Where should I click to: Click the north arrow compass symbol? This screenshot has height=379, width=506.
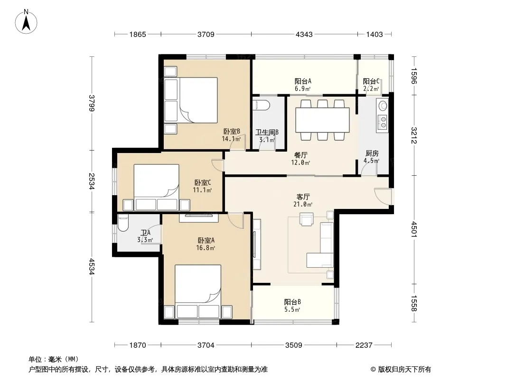pyautogui.click(x=26, y=21)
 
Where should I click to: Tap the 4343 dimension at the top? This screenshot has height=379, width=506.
pyautogui.click(x=304, y=34)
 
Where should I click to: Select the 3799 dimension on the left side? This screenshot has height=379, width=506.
pyautogui.click(x=92, y=103)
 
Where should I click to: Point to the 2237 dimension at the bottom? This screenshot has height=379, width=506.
pyautogui.click(x=364, y=345)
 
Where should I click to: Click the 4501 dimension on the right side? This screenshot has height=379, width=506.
pyautogui.click(x=414, y=230)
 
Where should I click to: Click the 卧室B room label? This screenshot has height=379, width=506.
pyautogui.click(x=232, y=131)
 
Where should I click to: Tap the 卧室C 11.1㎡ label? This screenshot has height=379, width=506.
pyautogui.click(x=202, y=186)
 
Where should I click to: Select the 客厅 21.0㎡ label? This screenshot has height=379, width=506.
pyautogui.click(x=303, y=200)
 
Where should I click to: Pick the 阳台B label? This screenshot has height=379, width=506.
pyautogui.click(x=292, y=302)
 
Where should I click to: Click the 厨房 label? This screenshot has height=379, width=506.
pyautogui.click(x=372, y=153)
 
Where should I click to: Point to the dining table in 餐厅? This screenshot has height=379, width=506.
pyautogui.click(x=322, y=120)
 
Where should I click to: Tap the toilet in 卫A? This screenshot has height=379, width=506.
pyautogui.click(x=123, y=223)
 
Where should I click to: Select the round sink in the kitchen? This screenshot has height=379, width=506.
pyautogui.click(x=383, y=105)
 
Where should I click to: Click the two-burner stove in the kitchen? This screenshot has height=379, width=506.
pyautogui.click(x=383, y=122)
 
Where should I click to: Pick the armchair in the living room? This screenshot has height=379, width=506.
pyautogui.click(x=306, y=220)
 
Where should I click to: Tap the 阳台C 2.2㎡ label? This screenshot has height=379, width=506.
pyautogui.click(x=371, y=85)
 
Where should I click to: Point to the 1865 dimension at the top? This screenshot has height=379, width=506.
pyautogui.click(x=138, y=34)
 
